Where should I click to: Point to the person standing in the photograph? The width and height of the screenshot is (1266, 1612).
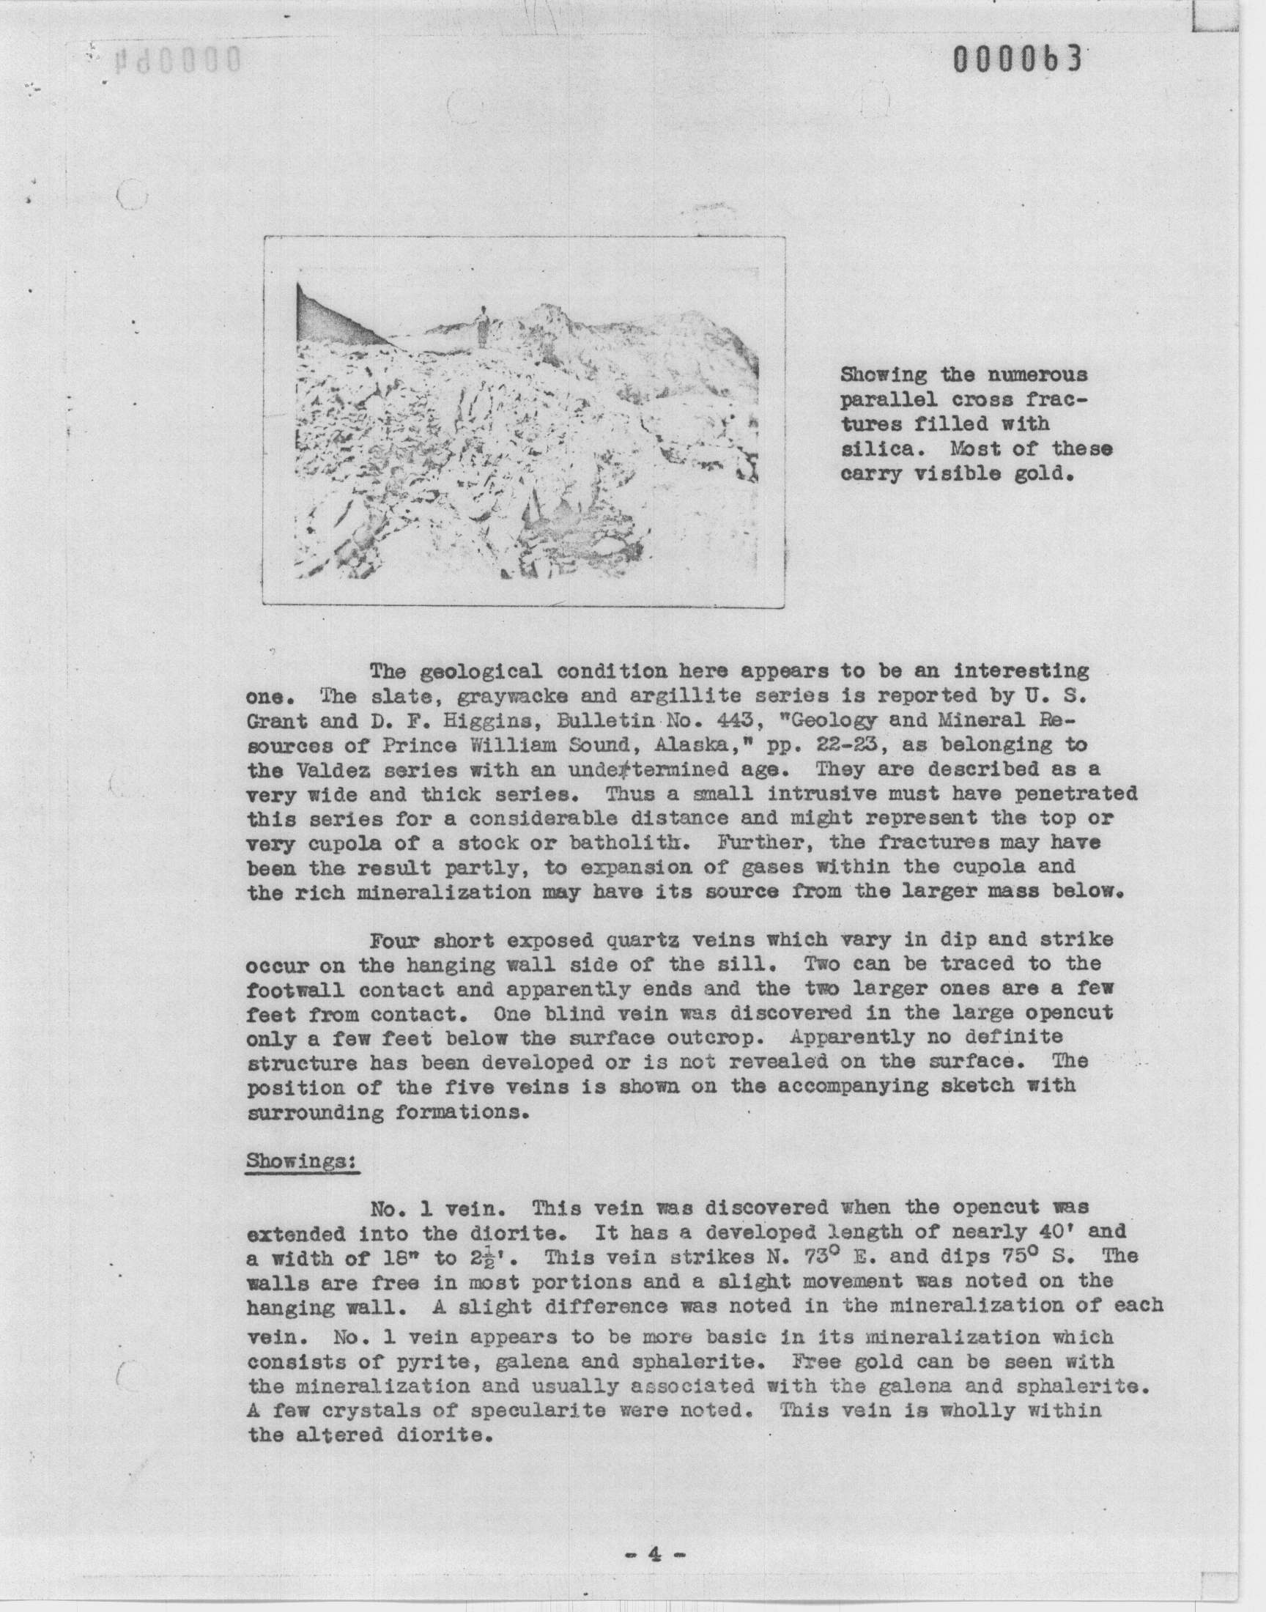coord(484,327)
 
